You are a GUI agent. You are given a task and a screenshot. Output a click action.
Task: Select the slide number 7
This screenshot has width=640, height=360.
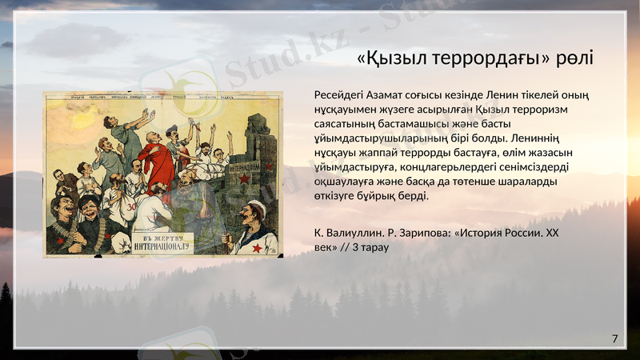point(614,339)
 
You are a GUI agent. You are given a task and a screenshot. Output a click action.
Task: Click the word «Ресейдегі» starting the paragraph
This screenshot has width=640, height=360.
point(343,95)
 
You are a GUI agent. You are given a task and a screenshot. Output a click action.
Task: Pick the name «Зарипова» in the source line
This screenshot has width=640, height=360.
point(423,233)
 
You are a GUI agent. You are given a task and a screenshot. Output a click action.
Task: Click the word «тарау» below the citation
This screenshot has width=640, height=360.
point(373,247)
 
